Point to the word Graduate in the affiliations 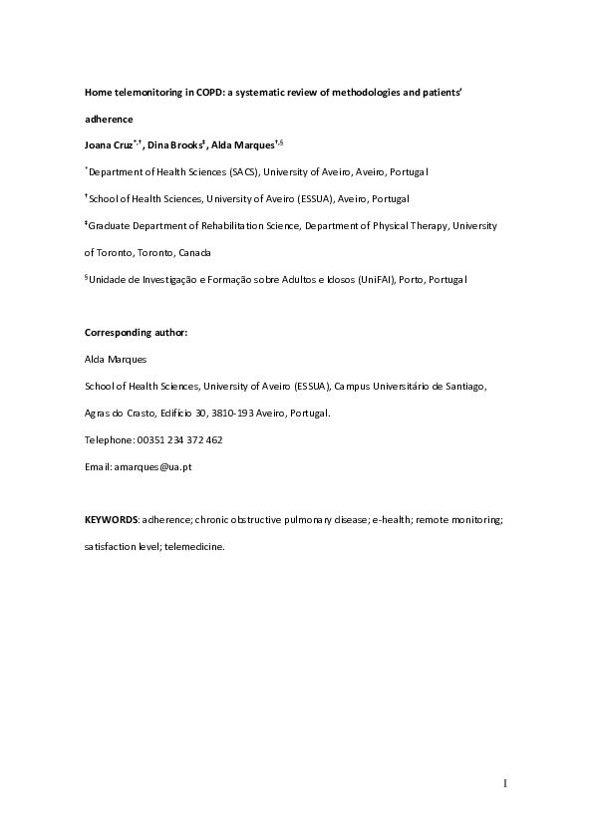[x=114, y=226]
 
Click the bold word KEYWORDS [x=112, y=519]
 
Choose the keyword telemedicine [x=195, y=546]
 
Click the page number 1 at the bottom [x=504, y=783]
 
